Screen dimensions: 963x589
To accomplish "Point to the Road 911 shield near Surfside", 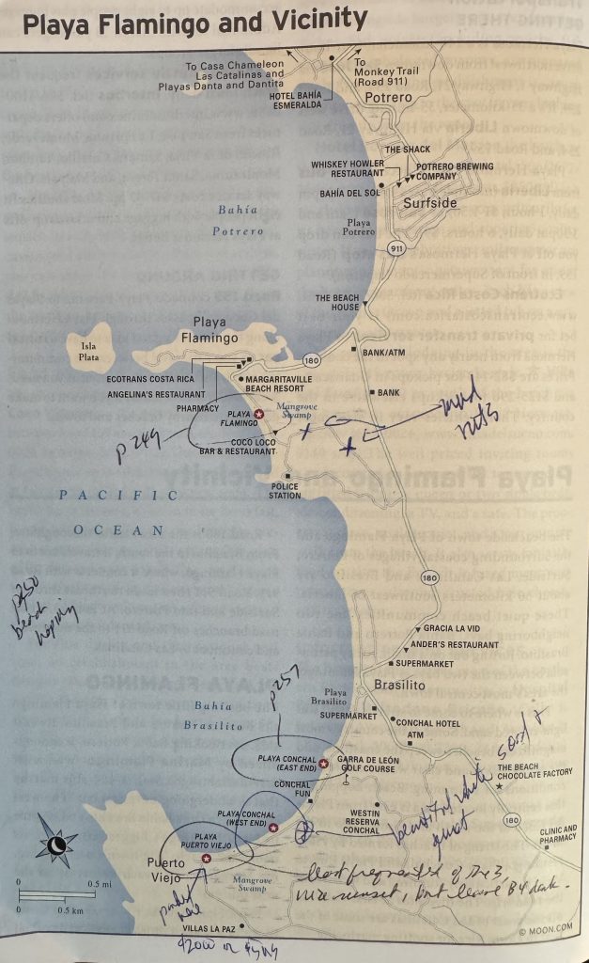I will click(x=394, y=247).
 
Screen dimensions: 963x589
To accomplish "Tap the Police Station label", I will click(x=284, y=490).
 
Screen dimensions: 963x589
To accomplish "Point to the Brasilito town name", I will click(x=400, y=686).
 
